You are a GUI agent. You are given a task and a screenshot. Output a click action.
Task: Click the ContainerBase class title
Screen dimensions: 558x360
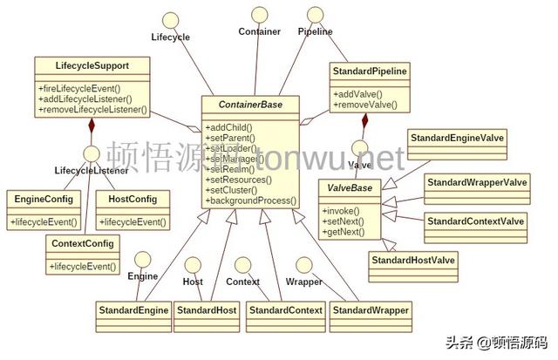click(250, 105)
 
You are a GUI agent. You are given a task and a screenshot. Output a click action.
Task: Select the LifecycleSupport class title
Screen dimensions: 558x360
click(91, 65)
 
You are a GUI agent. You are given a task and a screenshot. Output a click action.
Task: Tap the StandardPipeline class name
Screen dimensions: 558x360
click(371, 70)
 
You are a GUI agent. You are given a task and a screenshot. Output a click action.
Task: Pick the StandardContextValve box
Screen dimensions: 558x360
click(475, 221)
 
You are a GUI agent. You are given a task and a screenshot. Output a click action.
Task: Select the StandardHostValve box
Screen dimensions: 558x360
click(413, 260)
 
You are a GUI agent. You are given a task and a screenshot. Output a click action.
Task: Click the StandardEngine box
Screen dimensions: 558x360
click(133, 309)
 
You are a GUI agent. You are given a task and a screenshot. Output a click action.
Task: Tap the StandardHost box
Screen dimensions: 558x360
click(207, 309)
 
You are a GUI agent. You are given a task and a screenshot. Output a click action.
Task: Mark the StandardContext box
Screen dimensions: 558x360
click(285, 309)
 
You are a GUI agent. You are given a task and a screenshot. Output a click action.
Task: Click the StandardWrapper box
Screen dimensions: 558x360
click(370, 309)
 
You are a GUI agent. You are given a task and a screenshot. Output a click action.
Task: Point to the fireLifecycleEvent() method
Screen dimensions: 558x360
click(79, 88)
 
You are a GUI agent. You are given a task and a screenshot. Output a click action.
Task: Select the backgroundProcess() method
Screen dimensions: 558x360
click(251, 200)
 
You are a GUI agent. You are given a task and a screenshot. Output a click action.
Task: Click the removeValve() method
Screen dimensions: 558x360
click(364, 105)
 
